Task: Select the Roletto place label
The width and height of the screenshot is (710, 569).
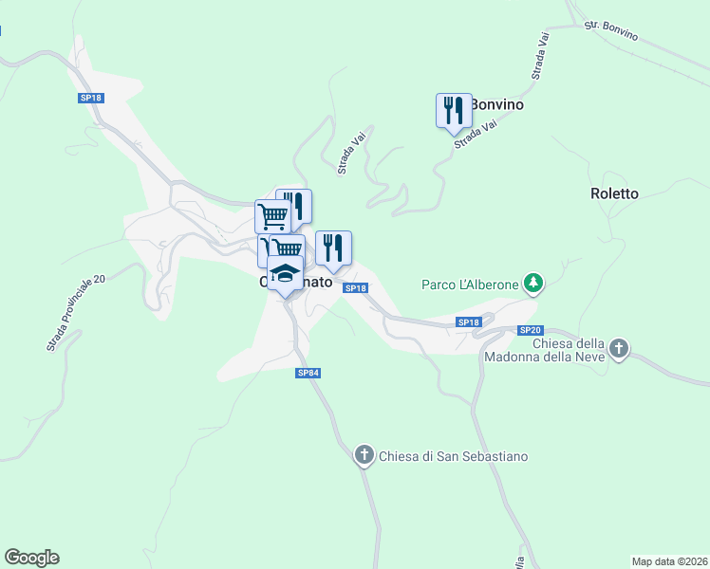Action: pos(614,193)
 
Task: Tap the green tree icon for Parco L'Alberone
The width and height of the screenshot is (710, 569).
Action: pos(534,284)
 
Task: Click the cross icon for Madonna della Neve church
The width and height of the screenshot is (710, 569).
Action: pos(619,349)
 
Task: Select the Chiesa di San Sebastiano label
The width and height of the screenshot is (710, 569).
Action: pos(453,456)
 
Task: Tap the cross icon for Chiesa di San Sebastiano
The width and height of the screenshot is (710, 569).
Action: pos(364,455)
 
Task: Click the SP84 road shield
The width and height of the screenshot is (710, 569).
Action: pos(308,374)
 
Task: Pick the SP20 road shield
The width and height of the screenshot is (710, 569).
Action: pos(530,330)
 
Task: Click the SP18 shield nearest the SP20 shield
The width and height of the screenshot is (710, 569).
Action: pos(469,322)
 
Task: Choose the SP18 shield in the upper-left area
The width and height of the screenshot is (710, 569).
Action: pos(91,98)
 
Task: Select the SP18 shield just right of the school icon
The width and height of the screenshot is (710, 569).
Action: pos(355,288)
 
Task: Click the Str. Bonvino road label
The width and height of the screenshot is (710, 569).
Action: pos(611,30)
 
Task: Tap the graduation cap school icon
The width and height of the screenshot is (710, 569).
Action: pos(285,273)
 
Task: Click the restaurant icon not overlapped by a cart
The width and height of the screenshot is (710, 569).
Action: pos(333,248)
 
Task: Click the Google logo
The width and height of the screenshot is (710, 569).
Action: pos(31,558)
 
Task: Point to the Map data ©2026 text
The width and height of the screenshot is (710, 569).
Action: pos(669,560)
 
